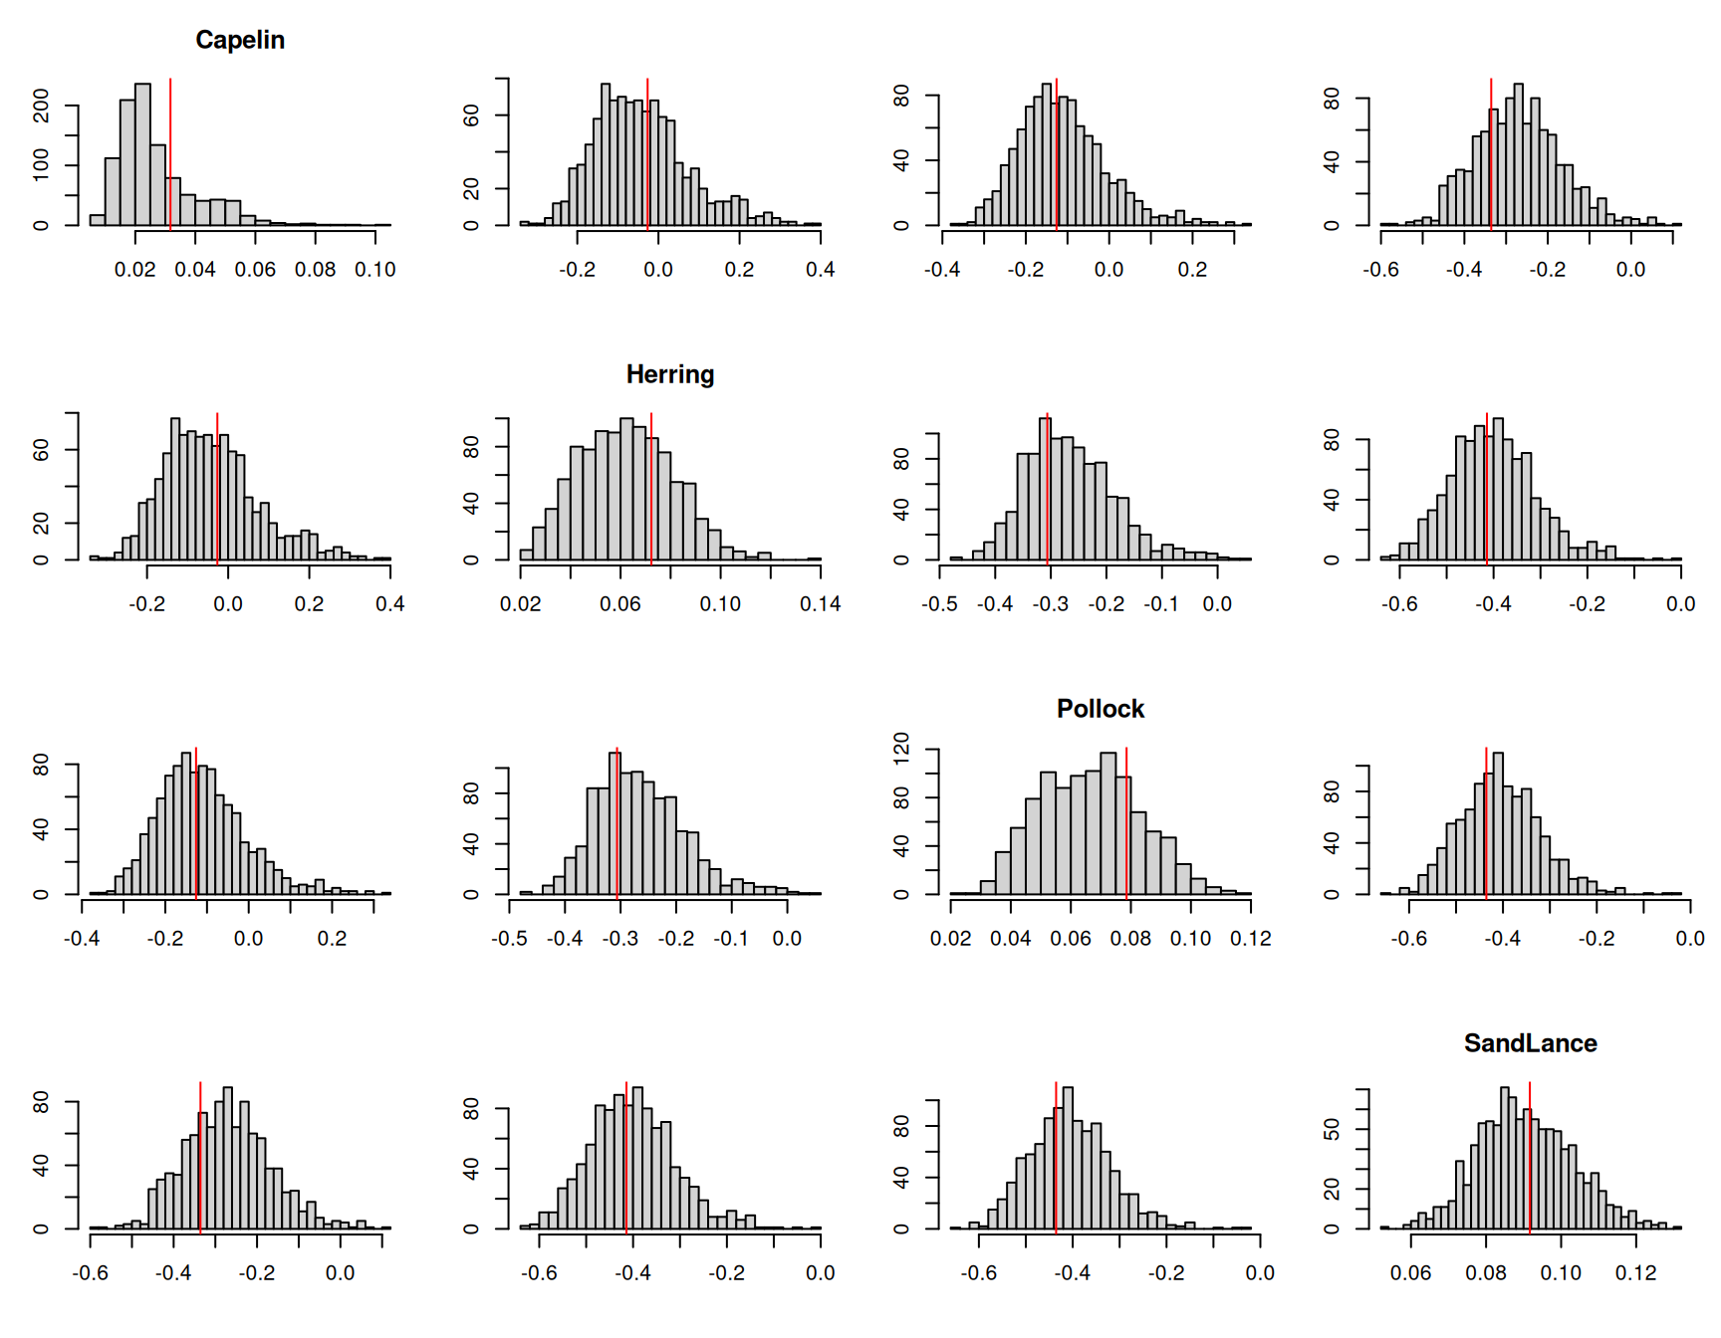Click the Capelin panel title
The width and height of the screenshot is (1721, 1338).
tap(240, 40)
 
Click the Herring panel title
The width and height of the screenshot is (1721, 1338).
tap(669, 374)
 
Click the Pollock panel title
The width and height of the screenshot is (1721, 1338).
tap(1100, 709)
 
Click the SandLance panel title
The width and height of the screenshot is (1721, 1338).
tap(1530, 1043)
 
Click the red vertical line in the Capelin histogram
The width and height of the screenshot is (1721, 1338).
tap(170, 149)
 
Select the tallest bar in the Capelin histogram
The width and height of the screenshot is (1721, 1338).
tap(142, 154)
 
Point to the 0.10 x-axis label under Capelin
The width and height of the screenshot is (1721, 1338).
tap(374, 270)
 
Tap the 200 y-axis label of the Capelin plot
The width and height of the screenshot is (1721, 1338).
tap(41, 105)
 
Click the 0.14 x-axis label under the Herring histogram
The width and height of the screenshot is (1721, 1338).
tap(820, 604)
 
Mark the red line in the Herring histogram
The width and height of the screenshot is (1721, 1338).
tap(651, 488)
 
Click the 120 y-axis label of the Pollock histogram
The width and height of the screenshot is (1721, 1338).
tap(901, 748)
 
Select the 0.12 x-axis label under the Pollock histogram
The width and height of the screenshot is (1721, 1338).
tap(1250, 939)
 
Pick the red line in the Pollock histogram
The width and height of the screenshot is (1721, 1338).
tap(1126, 821)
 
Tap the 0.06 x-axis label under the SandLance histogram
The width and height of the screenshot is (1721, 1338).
tap(1410, 1273)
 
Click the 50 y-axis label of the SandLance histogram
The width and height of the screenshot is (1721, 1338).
tap(1332, 1129)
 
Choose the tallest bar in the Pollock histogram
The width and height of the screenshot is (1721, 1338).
tap(1108, 823)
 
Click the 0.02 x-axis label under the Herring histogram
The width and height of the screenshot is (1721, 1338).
tap(520, 604)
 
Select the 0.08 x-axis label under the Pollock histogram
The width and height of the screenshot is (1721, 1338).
tap(1130, 939)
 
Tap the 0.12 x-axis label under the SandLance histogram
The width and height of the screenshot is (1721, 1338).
tap(1635, 1273)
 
